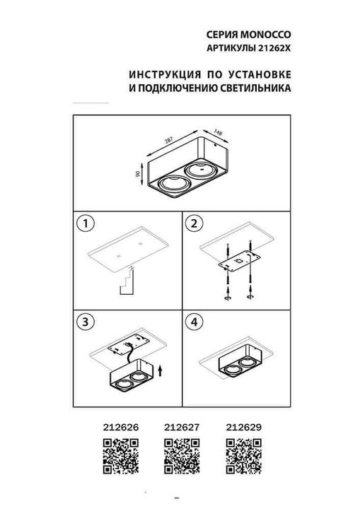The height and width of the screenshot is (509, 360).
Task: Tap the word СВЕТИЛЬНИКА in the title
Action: (x=254, y=89)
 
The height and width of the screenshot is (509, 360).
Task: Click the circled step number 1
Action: (x=85, y=224)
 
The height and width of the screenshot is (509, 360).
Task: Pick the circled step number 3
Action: (x=85, y=322)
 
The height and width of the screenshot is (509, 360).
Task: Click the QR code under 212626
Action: (x=117, y=455)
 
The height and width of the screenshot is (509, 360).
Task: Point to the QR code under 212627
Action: (x=178, y=455)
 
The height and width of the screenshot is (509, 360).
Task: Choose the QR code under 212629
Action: (x=240, y=455)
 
